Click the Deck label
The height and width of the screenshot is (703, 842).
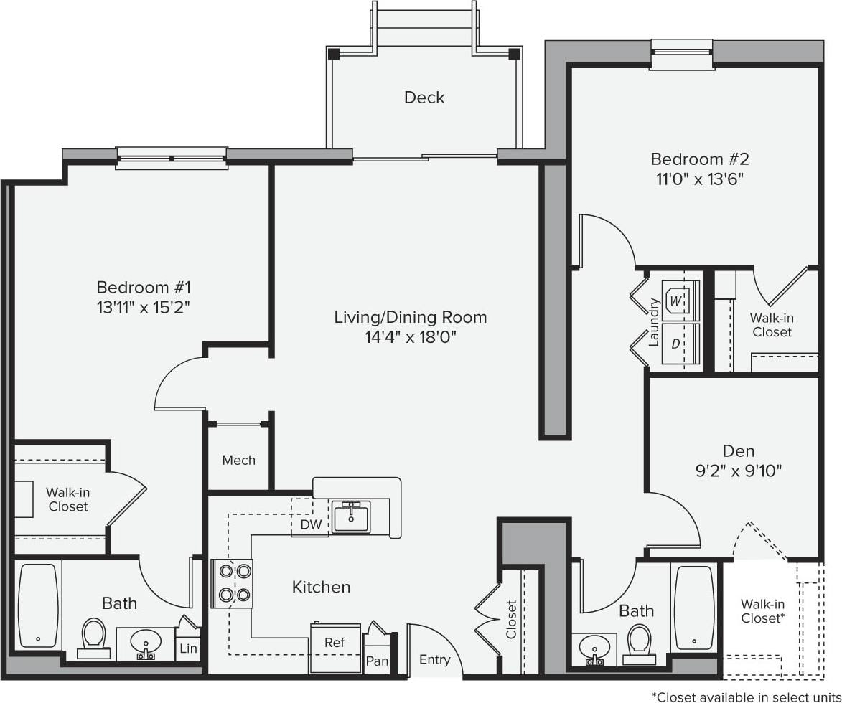pyautogui.click(x=424, y=98)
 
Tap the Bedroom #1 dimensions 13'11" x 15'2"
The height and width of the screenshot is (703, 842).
pyautogui.click(x=144, y=307)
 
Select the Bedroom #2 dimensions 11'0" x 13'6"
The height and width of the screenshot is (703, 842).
pyautogui.click(x=699, y=179)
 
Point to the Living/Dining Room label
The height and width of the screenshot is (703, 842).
pyautogui.click(x=411, y=317)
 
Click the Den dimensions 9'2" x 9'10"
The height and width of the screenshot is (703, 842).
pyautogui.click(x=738, y=471)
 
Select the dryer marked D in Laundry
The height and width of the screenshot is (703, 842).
pyautogui.click(x=675, y=343)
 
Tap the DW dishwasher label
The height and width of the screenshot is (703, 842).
pyautogui.click(x=311, y=525)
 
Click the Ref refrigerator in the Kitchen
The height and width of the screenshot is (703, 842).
pyautogui.click(x=335, y=643)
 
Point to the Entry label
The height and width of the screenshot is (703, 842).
pyautogui.click(x=435, y=660)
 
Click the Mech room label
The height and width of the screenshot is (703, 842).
pyautogui.click(x=238, y=460)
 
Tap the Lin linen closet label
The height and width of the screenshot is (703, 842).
pyautogui.click(x=189, y=648)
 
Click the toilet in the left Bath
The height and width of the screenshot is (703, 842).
pyautogui.click(x=92, y=636)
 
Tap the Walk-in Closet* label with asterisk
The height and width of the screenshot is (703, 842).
pyautogui.click(x=762, y=610)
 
